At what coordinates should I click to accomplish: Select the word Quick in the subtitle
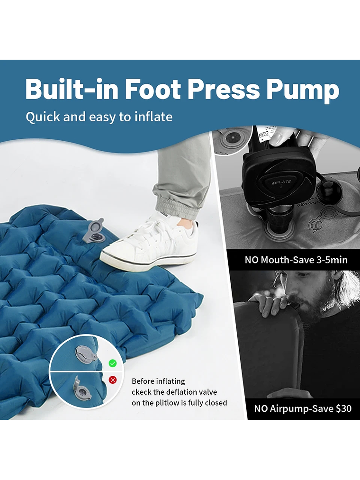(x=43, y=117)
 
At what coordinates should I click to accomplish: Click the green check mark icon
(x=113, y=363)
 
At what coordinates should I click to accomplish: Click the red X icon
(x=113, y=380)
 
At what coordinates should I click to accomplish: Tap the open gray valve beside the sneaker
(x=94, y=232)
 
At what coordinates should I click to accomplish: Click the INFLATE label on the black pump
(x=281, y=183)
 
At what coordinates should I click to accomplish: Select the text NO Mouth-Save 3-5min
(x=296, y=260)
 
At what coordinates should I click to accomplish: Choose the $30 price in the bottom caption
(x=343, y=408)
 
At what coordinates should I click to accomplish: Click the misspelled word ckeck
(x=143, y=392)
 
